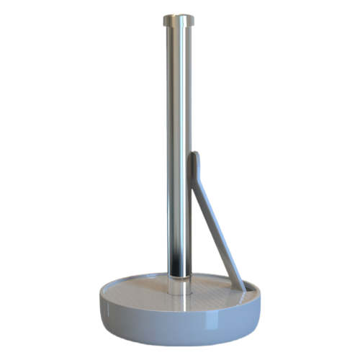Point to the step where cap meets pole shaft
pyautogui.click(x=179, y=29)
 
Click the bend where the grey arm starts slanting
pyautogui.click(x=197, y=180)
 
